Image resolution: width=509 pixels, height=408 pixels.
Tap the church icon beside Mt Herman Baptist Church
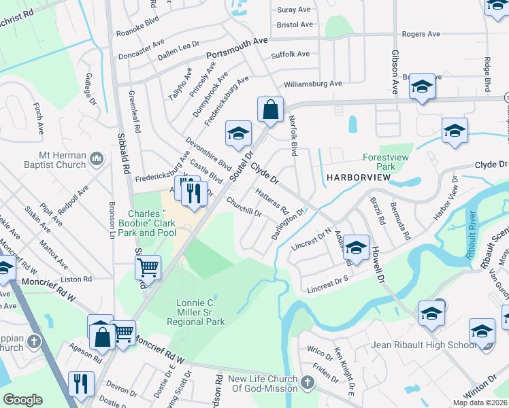(96, 159)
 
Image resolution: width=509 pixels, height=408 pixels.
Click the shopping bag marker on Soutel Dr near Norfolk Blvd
(270, 109)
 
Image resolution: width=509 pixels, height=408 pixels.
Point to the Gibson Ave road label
(394, 71)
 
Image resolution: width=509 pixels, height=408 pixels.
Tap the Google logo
(22, 400)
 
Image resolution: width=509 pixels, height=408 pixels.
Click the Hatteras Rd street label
(272, 201)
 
